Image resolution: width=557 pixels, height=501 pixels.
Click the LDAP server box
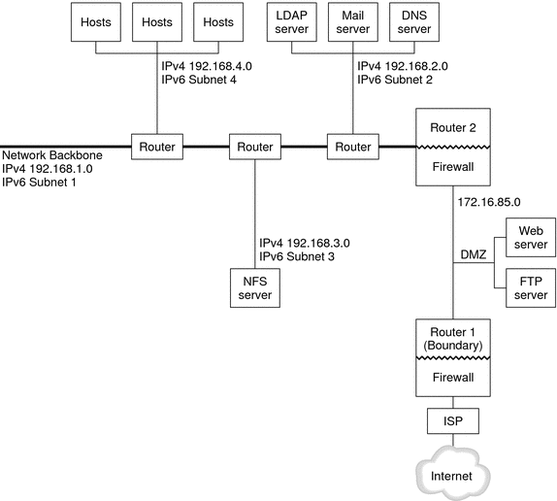[289, 23]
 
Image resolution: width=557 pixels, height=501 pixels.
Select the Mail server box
[351, 23]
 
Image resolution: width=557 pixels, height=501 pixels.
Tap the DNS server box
[413, 23]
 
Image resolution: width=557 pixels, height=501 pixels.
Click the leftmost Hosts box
[94, 23]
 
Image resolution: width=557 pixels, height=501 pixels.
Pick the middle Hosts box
[156, 23]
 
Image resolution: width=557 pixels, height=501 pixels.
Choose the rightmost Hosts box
[218, 23]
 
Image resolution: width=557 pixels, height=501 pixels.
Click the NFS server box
[253, 286]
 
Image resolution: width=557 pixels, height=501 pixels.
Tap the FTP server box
[529, 288]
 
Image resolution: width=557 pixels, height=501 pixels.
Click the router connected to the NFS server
[254, 147]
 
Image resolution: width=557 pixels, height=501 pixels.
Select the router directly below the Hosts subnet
[156, 147]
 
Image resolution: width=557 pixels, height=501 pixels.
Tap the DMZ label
[472, 254]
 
